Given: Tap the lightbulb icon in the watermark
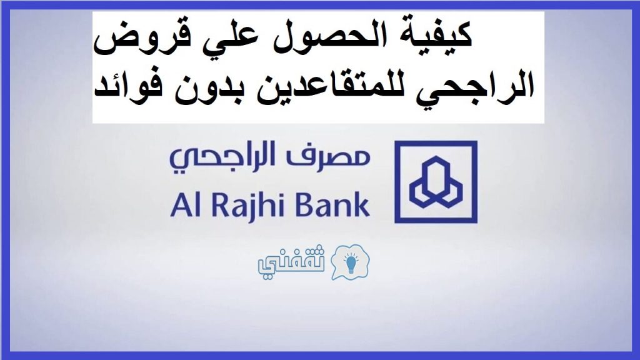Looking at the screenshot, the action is [351, 262].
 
